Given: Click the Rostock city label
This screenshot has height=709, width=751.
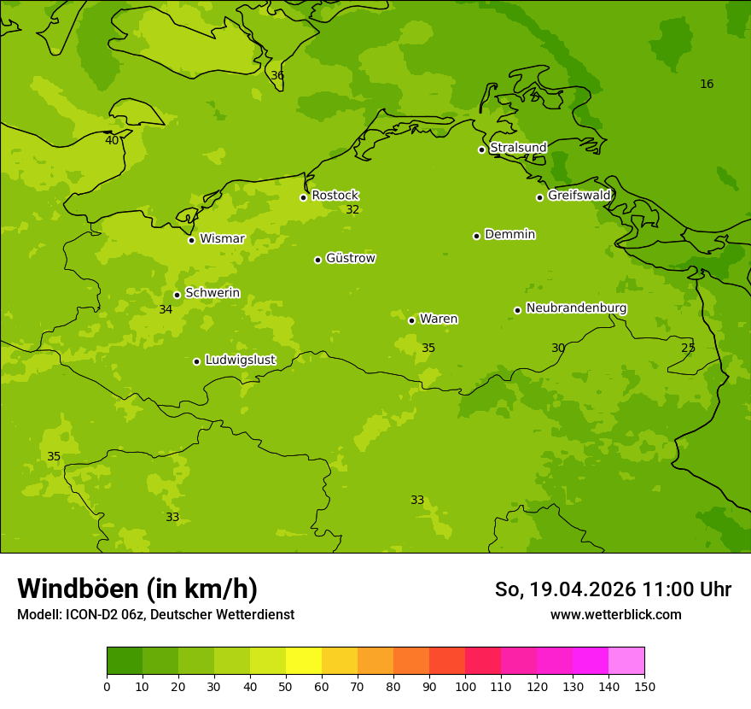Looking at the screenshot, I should (x=335, y=196).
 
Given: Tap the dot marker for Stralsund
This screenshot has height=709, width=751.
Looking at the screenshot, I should (x=481, y=149).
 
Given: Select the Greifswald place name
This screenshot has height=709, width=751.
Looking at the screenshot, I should (x=579, y=196).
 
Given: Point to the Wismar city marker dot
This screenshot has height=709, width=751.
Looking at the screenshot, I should (x=192, y=240).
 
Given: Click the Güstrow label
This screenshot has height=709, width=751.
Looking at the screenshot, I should (x=350, y=258).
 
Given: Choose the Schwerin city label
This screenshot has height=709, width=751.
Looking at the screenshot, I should (x=212, y=293).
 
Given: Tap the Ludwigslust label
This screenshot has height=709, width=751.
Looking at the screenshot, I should (x=240, y=360).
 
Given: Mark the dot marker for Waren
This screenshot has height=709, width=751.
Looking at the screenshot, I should (x=411, y=320).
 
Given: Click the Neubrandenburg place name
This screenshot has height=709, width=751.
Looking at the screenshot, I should (x=576, y=308).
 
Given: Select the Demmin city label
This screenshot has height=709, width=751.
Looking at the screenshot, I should (x=509, y=234).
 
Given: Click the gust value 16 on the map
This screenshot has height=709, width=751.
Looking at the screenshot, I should (x=707, y=84).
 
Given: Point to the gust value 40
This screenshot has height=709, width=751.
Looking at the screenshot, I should (x=112, y=140).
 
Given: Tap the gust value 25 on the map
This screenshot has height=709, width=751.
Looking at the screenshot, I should (x=688, y=348).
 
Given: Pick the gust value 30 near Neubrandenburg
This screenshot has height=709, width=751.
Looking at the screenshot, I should (x=558, y=348).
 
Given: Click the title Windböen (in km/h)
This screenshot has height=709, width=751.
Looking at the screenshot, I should (x=137, y=589).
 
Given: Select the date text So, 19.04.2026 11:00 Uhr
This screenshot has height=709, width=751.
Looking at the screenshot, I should (x=613, y=589).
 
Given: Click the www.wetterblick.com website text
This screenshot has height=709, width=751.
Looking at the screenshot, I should (x=615, y=614).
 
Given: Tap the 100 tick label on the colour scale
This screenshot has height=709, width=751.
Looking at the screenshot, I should (x=465, y=686).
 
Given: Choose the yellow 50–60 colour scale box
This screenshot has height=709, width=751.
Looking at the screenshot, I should (x=304, y=661).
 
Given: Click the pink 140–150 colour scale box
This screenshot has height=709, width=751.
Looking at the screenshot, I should (x=626, y=661).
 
